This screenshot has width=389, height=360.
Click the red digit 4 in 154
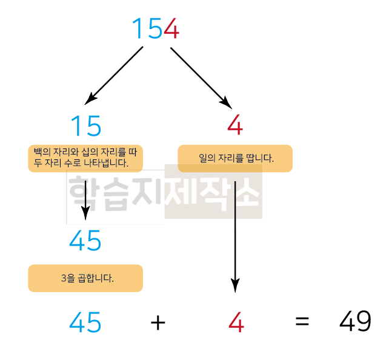tap(171, 28)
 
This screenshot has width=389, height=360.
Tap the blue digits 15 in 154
tap(147, 28)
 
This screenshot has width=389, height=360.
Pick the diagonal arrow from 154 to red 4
tap(200, 76)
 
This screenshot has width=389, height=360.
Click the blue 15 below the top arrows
tap(85, 126)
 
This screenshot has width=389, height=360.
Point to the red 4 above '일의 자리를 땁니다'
tap(235, 125)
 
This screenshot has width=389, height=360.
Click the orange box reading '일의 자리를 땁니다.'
tap(235, 159)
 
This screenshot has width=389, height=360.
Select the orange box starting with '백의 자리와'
tap(85, 158)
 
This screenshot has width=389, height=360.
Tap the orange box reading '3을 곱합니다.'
tap(85, 278)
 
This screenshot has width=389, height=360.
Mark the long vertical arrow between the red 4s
tap(235, 230)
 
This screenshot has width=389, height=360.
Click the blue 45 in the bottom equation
tap(85, 322)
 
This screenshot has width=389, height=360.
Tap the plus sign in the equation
tap(158, 322)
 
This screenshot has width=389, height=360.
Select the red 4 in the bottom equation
tap(236, 322)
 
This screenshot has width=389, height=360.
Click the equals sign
tap(302, 322)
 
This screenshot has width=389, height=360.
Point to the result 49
tap(355, 322)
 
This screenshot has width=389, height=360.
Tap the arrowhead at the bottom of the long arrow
tap(235, 285)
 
